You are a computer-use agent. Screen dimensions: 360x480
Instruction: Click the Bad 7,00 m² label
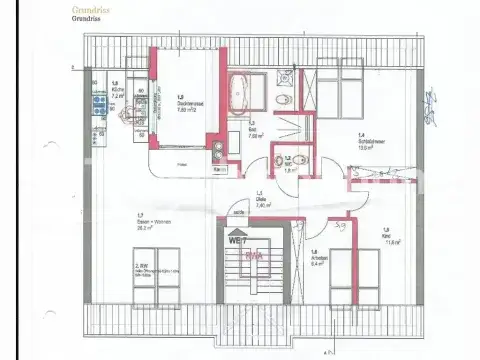point(255,133)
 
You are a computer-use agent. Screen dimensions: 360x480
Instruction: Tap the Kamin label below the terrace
point(219,170)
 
